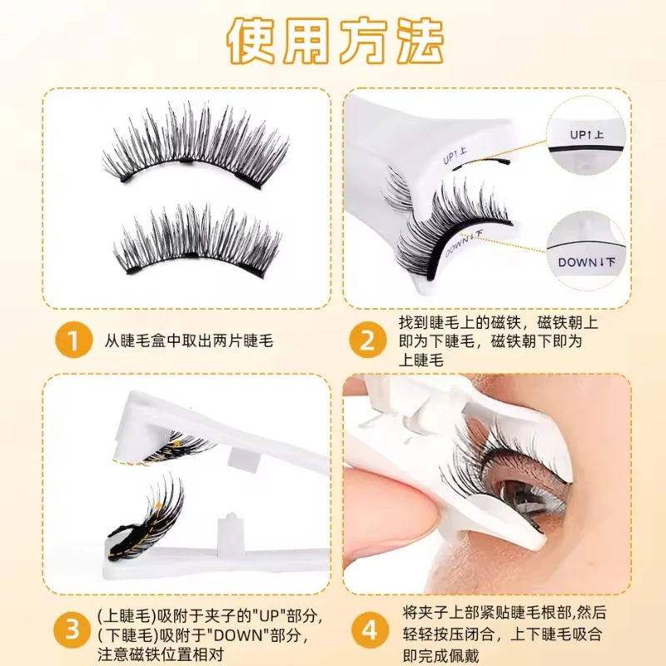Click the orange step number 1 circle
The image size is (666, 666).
[x=73, y=340]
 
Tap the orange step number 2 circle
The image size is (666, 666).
[x=368, y=340]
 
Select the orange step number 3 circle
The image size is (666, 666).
[x=72, y=630]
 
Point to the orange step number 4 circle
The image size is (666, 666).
[x=369, y=630]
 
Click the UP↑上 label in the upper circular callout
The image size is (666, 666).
[x=587, y=135]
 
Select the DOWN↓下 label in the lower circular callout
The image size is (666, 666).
[x=587, y=262]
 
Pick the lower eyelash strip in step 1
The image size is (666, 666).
[x=197, y=243]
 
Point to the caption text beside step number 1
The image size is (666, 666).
[x=189, y=340]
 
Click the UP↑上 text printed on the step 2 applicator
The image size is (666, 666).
[x=455, y=156]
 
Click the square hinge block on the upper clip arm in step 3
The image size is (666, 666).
[x=243, y=462]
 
